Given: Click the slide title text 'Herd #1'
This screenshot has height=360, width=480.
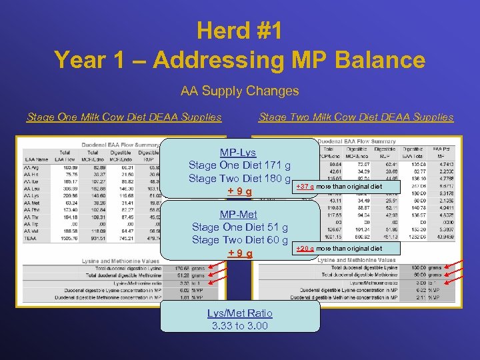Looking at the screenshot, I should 239,31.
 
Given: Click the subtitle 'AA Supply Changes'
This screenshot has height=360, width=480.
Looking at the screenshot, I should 239,91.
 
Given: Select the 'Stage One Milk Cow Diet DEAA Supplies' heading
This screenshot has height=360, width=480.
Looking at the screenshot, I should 124,117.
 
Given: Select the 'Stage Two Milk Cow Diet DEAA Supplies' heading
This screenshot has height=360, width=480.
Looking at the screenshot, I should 355,117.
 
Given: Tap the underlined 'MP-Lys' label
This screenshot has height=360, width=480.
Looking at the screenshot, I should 238,153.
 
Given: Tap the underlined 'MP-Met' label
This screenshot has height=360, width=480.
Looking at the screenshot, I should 239,215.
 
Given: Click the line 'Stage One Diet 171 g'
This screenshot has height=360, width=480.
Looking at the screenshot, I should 239,165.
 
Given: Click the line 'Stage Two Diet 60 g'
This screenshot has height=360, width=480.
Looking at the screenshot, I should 239,240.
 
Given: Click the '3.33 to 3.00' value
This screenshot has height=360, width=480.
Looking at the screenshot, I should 239,326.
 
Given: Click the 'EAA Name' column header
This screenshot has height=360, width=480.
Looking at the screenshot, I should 37,159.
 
